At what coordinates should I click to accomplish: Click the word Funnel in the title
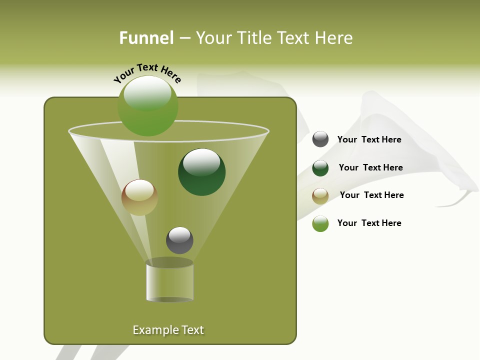pyautogui.click(x=146, y=38)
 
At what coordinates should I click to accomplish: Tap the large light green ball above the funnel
pyautogui.click(x=148, y=105)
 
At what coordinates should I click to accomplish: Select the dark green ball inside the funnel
pyautogui.click(x=202, y=172)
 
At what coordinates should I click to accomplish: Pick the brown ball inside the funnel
pyautogui.click(x=139, y=197)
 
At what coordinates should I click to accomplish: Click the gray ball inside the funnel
pyautogui.click(x=179, y=240)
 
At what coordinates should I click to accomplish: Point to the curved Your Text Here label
pyautogui.click(x=147, y=73)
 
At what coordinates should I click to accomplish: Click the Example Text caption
pyautogui.click(x=168, y=330)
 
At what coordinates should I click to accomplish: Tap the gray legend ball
pyautogui.click(x=320, y=139)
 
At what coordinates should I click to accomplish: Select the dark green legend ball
pyautogui.click(x=320, y=168)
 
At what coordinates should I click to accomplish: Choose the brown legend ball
pyautogui.click(x=320, y=196)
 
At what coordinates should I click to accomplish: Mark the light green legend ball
pyautogui.click(x=320, y=223)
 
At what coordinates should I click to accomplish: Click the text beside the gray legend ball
pyautogui.click(x=369, y=139)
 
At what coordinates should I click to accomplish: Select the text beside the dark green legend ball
pyautogui.click(x=370, y=167)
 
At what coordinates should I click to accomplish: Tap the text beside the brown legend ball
pyautogui.click(x=371, y=195)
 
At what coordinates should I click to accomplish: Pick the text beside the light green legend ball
pyautogui.click(x=369, y=223)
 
